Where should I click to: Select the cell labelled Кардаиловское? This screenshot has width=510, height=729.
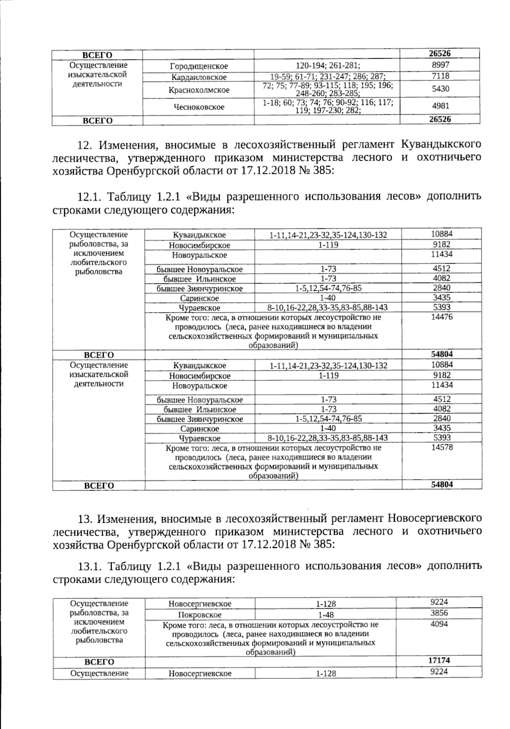point(199,77)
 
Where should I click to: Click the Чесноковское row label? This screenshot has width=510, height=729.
point(199,107)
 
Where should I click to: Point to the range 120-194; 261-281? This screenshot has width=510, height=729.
point(327,66)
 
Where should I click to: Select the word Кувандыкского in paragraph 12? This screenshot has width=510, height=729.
point(441,145)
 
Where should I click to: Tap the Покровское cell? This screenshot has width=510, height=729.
point(200,615)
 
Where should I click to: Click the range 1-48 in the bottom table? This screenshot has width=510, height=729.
point(326,615)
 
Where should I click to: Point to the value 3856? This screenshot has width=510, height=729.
point(439,613)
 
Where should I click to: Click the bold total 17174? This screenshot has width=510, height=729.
point(439,660)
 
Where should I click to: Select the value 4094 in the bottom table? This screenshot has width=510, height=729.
point(439,624)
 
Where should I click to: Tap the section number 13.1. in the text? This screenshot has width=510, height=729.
point(88,567)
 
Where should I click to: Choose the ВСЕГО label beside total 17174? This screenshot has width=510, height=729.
point(99,662)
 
